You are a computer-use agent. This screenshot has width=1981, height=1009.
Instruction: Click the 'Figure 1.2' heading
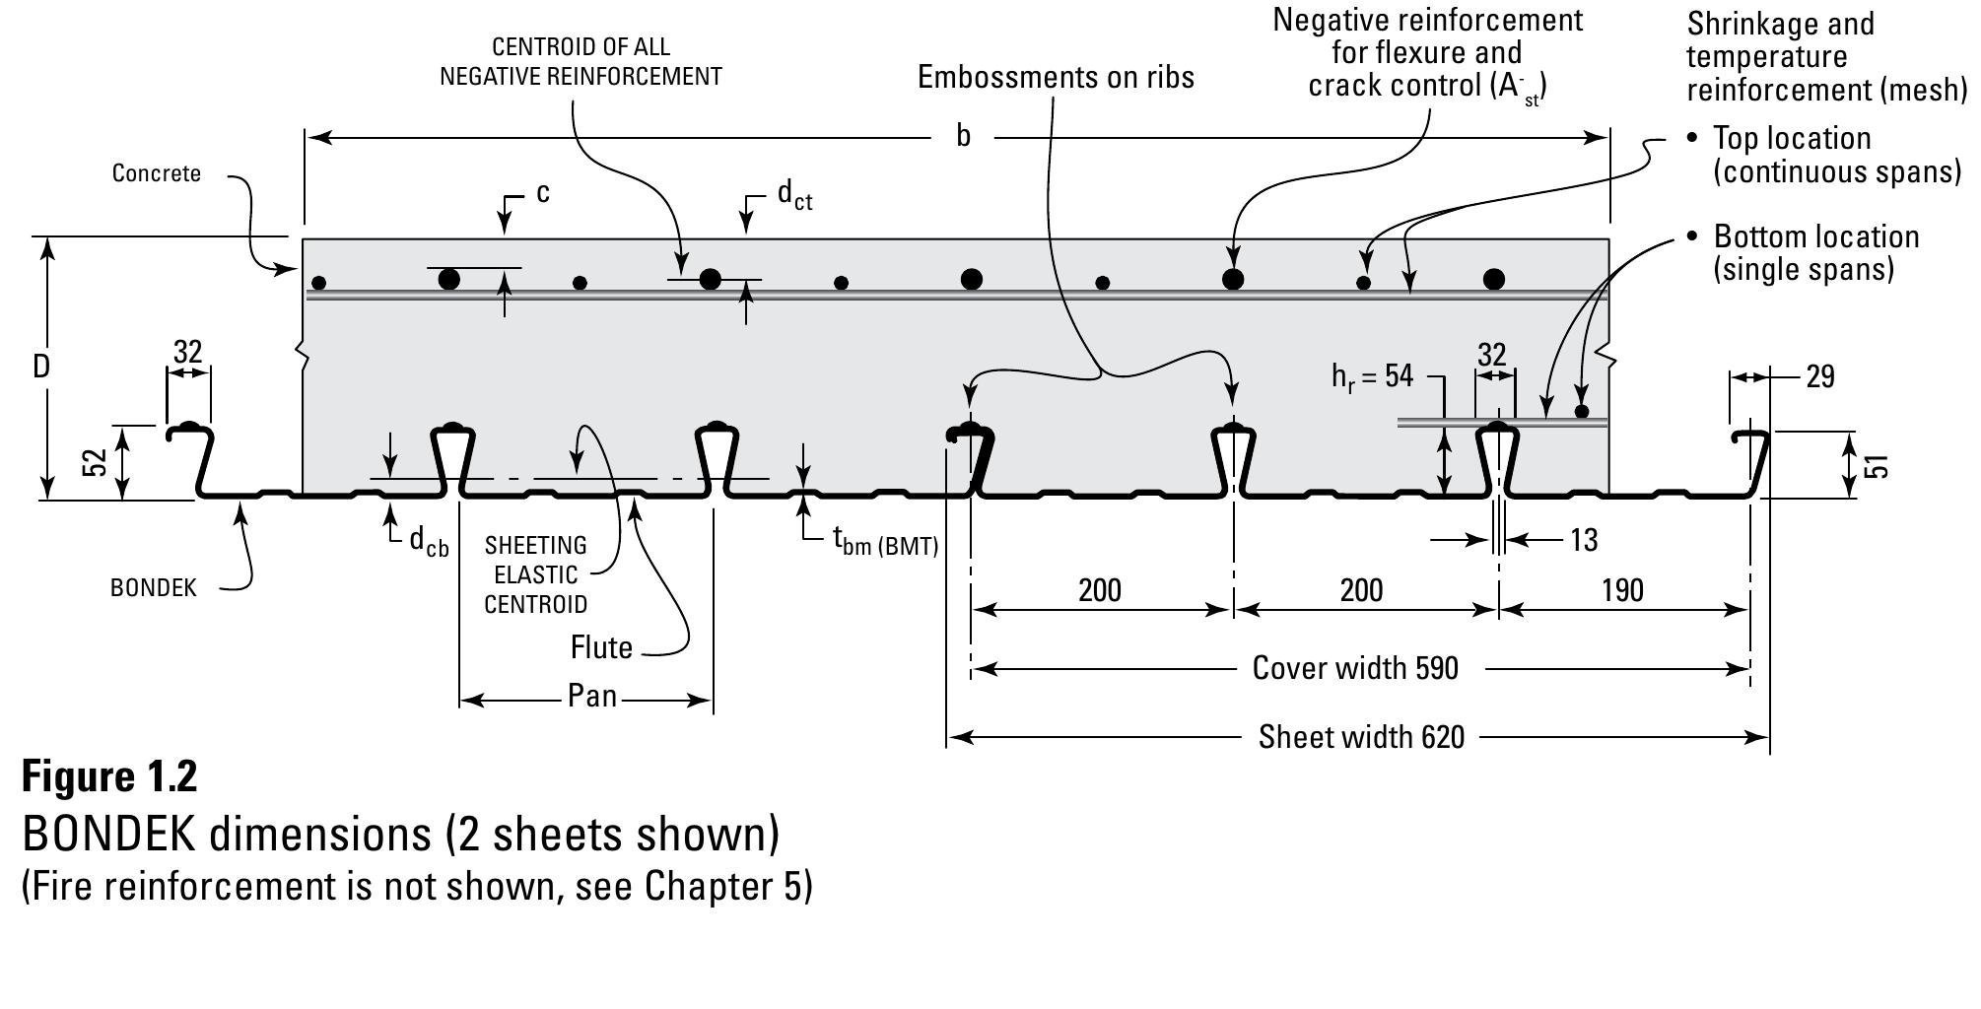pos(109,776)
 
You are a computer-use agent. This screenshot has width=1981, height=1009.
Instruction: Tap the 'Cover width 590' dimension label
pos(1354,668)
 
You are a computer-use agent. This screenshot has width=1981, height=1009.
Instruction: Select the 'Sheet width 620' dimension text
pos(1361,737)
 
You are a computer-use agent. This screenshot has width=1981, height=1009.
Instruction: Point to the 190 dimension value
pos(1621,590)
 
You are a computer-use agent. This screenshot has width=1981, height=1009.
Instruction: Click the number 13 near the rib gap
pos(1583,540)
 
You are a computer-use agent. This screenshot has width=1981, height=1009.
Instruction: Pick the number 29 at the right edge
pos(1819,376)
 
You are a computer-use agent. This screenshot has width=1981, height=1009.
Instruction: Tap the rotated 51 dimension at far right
pos(1879,465)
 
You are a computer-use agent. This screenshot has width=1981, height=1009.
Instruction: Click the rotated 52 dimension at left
pos(95,462)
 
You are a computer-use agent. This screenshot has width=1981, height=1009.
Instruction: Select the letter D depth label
pos(40,367)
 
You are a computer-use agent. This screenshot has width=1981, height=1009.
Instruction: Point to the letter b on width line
pos(963,137)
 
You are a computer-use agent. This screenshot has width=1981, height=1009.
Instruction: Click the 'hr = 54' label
pos(1372,376)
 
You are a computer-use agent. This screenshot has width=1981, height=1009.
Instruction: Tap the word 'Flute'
pos(601,647)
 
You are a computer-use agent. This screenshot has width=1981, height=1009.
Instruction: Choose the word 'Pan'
pos(592,697)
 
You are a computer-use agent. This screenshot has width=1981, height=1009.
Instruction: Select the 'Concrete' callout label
pos(156,173)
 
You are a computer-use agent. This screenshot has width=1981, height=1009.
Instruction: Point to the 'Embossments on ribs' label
pos(1056,77)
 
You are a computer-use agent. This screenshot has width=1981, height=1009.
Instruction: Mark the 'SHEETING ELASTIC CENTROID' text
pos(535,574)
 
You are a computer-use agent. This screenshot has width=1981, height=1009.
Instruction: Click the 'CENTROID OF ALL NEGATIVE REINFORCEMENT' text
pos(581,61)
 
